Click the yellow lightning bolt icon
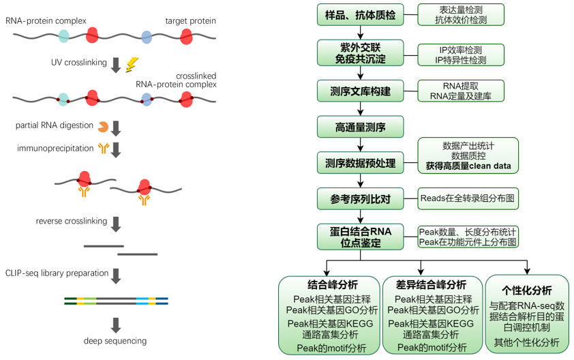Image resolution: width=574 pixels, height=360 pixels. click(x=132, y=64)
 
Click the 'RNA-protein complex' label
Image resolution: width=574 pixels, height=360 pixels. click(x=46, y=20)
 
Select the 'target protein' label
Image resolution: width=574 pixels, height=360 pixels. click(x=190, y=20)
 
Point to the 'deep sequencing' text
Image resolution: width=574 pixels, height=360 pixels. click(x=115, y=340)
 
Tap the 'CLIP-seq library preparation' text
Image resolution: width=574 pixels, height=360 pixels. click(x=57, y=273)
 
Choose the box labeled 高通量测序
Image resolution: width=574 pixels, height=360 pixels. click(x=360, y=126)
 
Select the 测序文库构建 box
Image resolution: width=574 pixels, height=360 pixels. click(x=360, y=91)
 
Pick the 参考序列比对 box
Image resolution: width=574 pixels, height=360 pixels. click(x=360, y=199)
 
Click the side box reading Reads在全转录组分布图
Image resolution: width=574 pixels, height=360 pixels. click(x=467, y=198)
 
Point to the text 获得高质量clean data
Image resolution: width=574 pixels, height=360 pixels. click(x=468, y=166)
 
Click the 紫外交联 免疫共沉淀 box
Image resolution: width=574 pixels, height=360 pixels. click(x=360, y=52)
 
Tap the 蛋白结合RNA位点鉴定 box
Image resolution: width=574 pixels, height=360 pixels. click(x=360, y=236)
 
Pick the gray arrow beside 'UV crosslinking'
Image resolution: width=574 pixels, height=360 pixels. click(x=116, y=64)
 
